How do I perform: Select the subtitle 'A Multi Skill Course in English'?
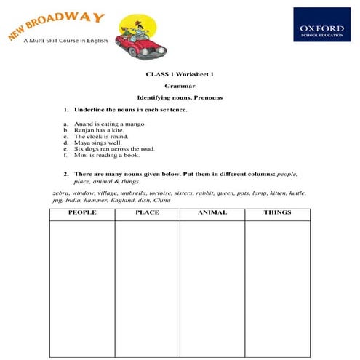click(x=65, y=41)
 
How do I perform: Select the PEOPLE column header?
click(x=81, y=213)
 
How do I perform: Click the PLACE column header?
click(x=147, y=213)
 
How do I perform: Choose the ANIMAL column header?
click(x=212, y=213)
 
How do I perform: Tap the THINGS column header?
click(x=277, y=213)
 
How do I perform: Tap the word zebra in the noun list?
click(x=60, y=193)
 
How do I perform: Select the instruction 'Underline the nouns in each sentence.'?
click(x=130, y=110)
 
